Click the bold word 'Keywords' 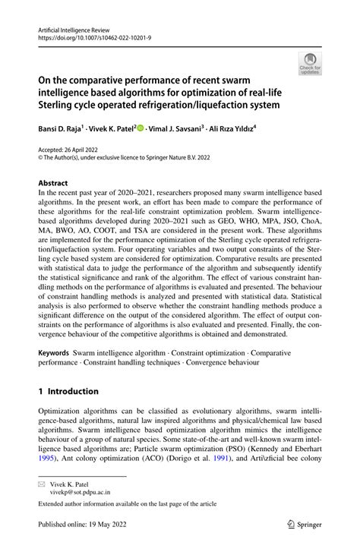click(54, 353)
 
